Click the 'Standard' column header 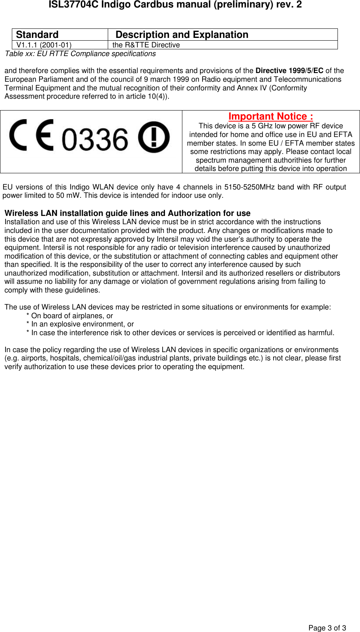(x=37, y=35)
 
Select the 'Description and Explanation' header (x=182, y=35)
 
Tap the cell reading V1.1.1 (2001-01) (x=44, y=45)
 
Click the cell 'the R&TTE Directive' (x=146, y=45)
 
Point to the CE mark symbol (x=32, y=135)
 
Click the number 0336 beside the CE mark (x=95, y=139)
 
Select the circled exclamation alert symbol (x=154, y=137)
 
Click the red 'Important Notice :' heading (x=271, y=116)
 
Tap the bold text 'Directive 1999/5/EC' (x=289, y=71)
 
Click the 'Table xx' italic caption (x=80, y=54)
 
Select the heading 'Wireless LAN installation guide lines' (x=127, y=213)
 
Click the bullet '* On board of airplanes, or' (x=69, y=316)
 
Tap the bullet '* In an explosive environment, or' (x=80, y=324)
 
